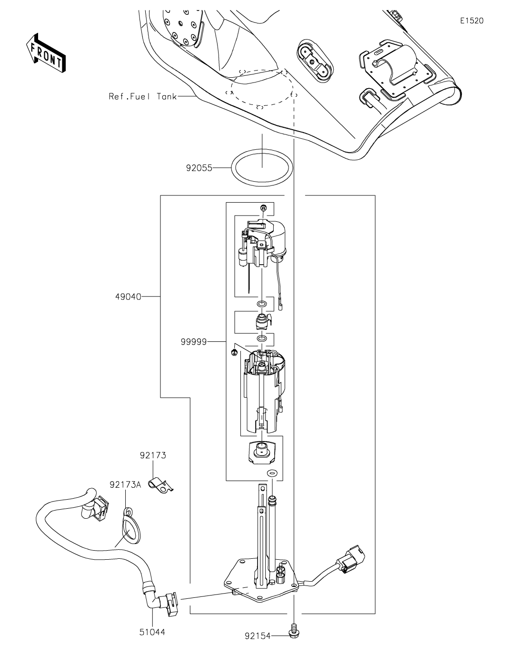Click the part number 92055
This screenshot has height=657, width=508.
point(199,168)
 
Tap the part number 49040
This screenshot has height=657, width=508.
point(128,297)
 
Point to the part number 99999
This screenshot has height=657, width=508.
point(194,341)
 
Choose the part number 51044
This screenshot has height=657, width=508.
point(152,632)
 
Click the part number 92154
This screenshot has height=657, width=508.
point(258,636)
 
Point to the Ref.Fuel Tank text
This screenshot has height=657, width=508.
point(142,96)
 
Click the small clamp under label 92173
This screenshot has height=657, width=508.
point(159,486)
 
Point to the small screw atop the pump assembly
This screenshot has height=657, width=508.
point(263,208)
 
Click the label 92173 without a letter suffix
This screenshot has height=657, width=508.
point(153,455)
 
